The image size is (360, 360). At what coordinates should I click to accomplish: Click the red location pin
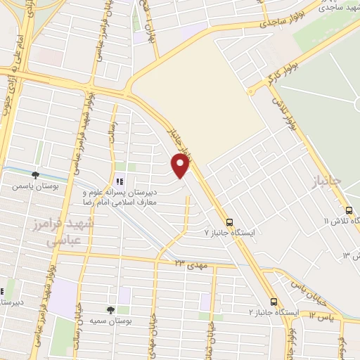[x=181, y=166]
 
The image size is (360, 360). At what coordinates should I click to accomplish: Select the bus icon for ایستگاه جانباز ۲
[x=274, y=300]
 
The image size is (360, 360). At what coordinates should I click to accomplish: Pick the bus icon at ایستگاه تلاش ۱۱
[x=349, y=210]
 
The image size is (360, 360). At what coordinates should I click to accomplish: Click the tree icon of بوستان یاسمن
[x=35, y=174]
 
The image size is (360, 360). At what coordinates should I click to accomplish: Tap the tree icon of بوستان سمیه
[x=110, y=309]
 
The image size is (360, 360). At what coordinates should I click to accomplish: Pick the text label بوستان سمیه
[x=108, y=321]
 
